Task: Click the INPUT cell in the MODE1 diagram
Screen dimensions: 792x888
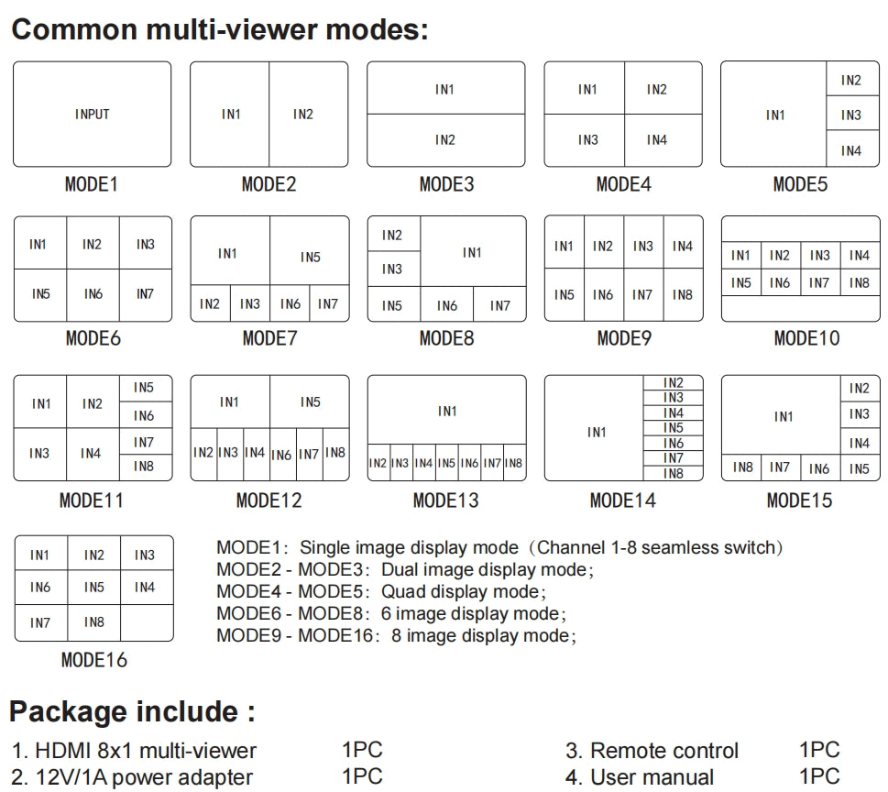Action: [x=92, y=115]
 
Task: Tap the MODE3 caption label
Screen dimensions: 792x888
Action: [x=446, y=184]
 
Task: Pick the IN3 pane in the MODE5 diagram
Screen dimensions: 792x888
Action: [x=851, y=115]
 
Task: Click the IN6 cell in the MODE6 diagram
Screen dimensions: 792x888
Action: [x=93, y=294]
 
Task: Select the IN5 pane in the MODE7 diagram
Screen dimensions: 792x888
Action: [x=310, y=257]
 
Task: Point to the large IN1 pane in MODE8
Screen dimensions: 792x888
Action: [x=473, y=252]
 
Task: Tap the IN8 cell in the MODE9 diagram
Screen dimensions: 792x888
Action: [x=683, y=294]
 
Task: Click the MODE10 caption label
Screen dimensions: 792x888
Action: [x=806, y=338]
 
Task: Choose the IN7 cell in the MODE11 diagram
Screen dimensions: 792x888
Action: [x=144, y=443]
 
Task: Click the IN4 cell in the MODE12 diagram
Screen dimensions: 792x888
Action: [x=255, y=453]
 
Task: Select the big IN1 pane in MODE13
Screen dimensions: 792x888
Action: [x=447, y=411]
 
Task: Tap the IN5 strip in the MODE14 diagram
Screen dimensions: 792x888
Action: [x=674, y=428]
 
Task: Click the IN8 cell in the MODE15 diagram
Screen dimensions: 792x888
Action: [x=743, y=467]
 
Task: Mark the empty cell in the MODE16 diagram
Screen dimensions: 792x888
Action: [x=146, y=621]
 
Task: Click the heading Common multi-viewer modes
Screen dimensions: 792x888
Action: [x=220, y=28]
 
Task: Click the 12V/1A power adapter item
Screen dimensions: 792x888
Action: [x=144, y=777]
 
